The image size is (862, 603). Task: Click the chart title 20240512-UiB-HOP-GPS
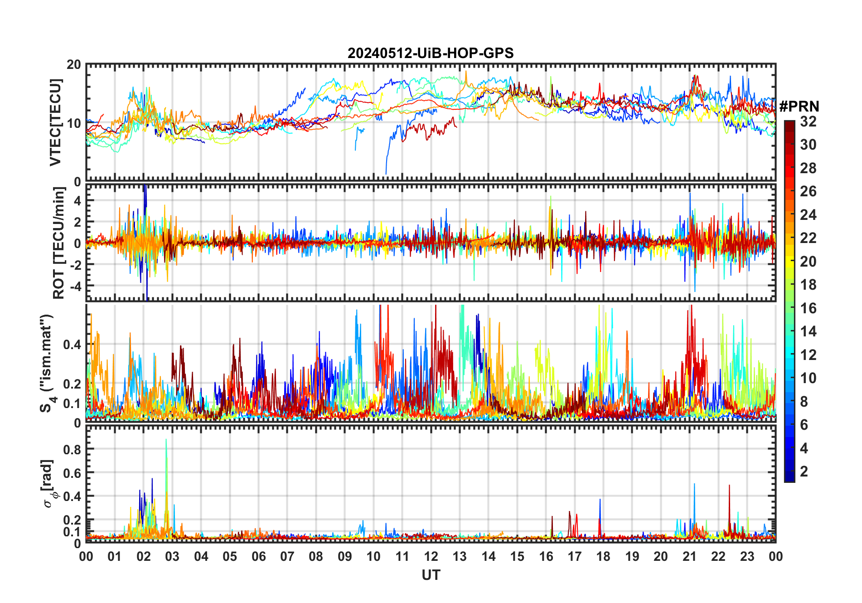[431, 53]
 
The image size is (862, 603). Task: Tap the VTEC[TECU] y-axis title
[55, 122]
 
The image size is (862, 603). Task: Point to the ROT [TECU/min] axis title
[58, 243]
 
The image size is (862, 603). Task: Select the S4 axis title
[47, 363]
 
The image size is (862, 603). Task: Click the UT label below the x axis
[431, 575]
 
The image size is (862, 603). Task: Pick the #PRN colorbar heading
[799, 107]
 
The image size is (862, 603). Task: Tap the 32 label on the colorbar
[808, 122]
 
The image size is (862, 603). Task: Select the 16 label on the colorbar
[808, 308]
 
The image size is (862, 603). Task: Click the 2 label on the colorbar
[804, 472]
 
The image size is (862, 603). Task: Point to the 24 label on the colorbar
[808, 215]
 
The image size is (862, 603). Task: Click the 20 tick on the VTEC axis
[74, 65]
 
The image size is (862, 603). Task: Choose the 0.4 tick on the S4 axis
[72, 345]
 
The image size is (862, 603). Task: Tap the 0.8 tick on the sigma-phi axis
[72, 449]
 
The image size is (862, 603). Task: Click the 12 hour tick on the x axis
[431, 557]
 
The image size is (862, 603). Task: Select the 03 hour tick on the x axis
[172, 557]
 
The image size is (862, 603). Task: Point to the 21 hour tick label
[689, 557]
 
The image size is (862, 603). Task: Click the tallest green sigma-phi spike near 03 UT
[166, 440]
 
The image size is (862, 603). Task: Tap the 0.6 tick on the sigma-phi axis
[72, 473]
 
